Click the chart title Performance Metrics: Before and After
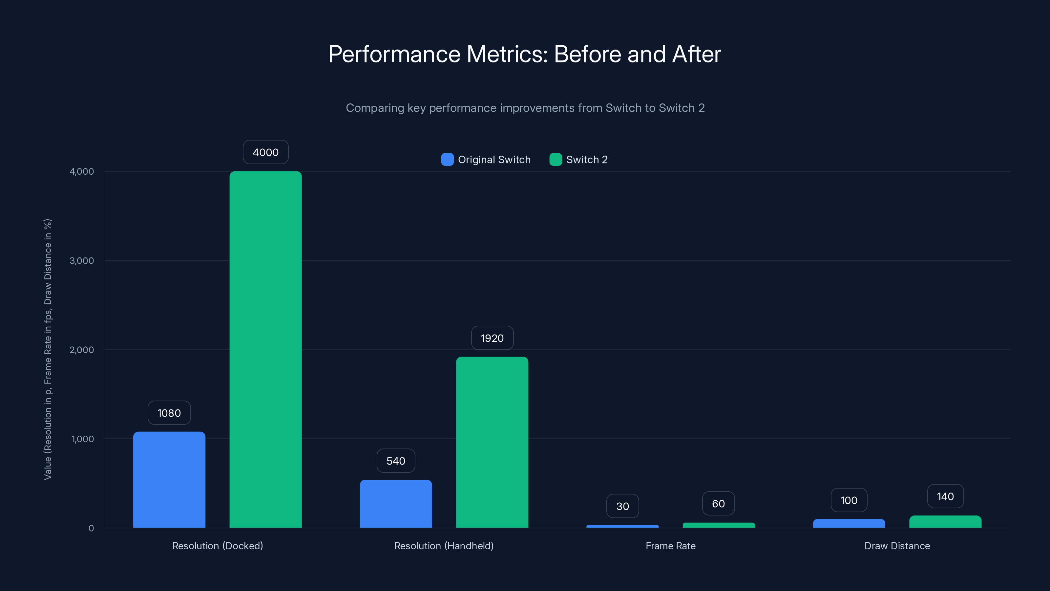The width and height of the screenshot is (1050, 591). [x=525, y=54]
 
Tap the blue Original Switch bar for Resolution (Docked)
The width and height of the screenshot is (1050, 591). [x=169, y=480]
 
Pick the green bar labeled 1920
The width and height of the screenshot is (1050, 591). [x=492, y=442]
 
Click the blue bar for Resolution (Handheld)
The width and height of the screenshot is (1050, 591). [x=396, y=504]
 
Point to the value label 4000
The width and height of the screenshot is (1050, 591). [x=265, y=152]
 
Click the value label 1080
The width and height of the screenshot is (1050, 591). [x=169, y=413]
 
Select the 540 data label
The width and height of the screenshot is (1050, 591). [x=396, y=461]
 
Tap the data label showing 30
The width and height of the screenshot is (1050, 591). [x=622, y=506]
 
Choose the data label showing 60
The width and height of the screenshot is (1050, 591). [x=718, y=504]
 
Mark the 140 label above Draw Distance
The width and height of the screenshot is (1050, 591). [x=945, y=496]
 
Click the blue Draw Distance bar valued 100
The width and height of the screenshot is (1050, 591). [x=849, y=523]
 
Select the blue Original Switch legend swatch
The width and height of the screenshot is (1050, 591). [x=447, y=160]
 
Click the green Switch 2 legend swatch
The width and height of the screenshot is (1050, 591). [x=556, y=160]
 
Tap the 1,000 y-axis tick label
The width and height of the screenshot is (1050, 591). [x=82, y=439]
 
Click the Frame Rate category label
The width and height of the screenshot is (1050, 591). [x=670, y=546]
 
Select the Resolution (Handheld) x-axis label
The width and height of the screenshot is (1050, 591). [x=444, y=546]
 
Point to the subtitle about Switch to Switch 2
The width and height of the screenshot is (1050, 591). [x=525, y=108]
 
